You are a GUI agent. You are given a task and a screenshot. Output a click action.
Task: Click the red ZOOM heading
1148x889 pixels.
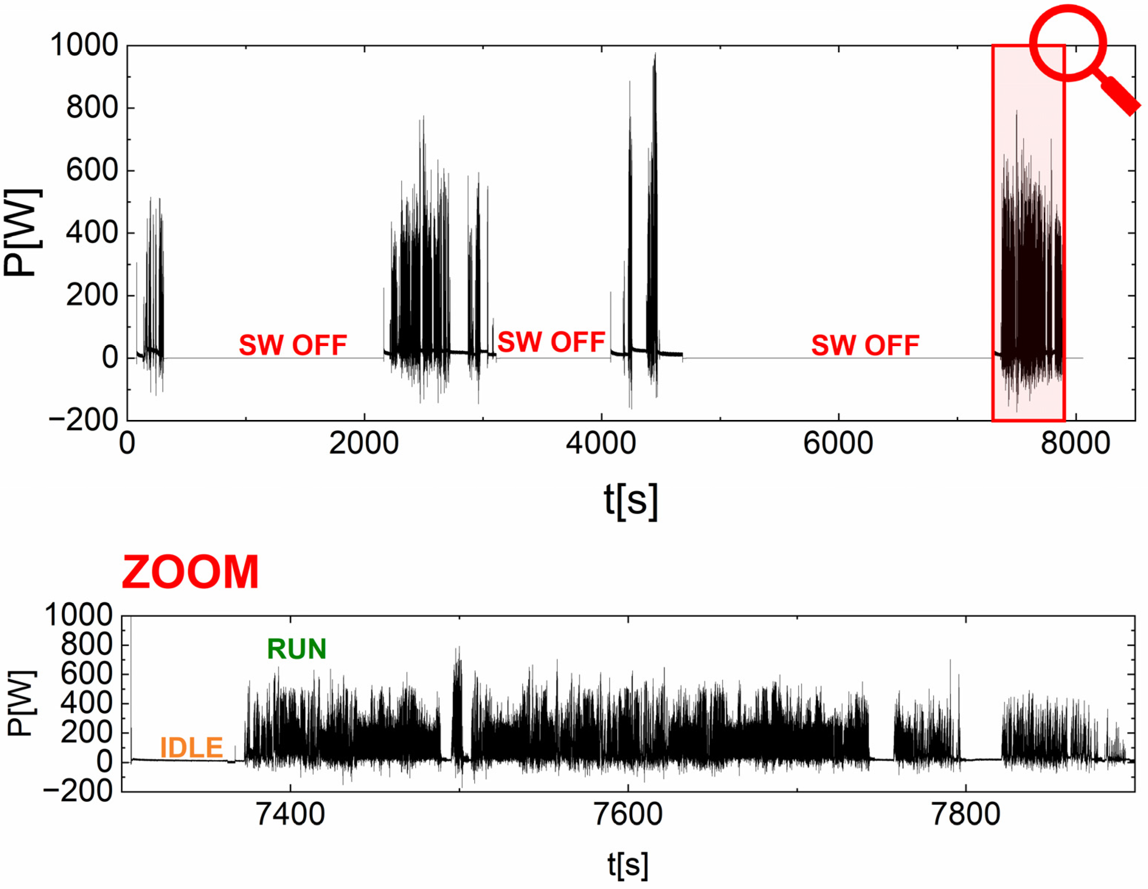click(190, 572)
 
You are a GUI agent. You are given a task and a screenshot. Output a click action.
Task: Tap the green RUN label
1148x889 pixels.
click(297, 649)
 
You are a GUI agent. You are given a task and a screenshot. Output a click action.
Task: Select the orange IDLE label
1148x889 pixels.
click(191, 748)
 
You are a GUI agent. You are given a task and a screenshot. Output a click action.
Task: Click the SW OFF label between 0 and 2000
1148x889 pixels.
click(293, 345)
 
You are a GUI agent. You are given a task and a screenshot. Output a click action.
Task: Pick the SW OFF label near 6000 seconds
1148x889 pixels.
click(865, 345)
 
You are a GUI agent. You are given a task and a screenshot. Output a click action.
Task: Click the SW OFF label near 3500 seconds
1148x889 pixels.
click(551, 342)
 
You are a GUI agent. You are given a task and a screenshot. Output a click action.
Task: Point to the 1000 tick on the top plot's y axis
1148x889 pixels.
click(84, 45)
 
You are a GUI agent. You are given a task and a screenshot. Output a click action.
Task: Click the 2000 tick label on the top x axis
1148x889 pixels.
click(364, 444)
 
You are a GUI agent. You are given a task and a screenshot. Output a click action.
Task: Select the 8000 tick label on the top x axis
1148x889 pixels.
click(1075, 444)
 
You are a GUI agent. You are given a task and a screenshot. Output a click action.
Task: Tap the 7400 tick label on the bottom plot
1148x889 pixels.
click(290, 815)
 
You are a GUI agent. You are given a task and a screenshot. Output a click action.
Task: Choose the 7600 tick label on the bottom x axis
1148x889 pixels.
click(627, 815)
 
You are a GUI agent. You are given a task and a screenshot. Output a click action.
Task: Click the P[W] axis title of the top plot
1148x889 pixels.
click(22, 232)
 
